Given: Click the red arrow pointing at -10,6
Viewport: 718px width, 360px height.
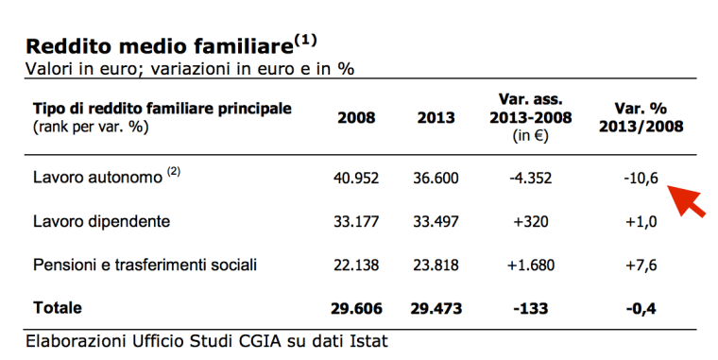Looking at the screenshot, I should [x=687, y=199].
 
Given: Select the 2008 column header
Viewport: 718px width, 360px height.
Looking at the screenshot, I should [x=356, y=118].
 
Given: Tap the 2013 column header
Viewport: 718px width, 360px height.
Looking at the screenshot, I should [x=436, y=118].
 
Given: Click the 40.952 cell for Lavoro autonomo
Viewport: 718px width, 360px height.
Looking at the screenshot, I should [x=356, y=178].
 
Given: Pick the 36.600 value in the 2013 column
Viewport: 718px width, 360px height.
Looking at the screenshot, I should [x=436, y=178].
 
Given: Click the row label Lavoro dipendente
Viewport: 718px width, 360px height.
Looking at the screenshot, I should [x=101, y=221].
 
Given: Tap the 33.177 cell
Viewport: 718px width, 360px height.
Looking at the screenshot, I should [x=356, y=221].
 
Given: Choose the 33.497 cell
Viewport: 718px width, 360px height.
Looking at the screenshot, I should [x=436, y=221].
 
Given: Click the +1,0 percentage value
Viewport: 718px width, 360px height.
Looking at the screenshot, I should [x=641, y=221].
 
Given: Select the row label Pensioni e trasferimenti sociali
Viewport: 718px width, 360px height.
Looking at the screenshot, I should [x=145, y=265].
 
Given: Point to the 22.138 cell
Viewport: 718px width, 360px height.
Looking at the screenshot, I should [x=356, y=265].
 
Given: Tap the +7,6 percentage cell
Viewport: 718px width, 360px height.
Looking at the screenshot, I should [x=641, y=265].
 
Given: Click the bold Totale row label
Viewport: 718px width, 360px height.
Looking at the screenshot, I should [x=58, y=308].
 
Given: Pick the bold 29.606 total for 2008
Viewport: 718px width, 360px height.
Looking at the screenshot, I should [x=356, y=308].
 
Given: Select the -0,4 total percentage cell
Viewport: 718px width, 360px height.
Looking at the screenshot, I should [x=641, y=308].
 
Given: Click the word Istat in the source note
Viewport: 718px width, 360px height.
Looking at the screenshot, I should [x=367, y=340].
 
